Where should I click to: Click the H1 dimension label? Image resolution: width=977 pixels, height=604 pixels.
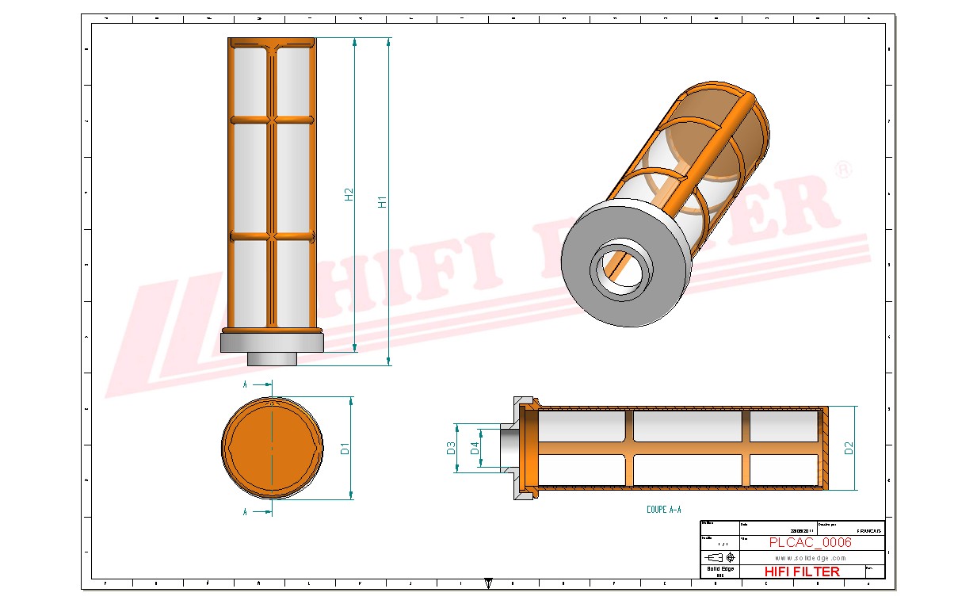coord(383,201)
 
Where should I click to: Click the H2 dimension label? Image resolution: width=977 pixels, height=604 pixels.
coord(349,194)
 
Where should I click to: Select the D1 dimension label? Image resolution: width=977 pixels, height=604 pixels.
coord(345,449)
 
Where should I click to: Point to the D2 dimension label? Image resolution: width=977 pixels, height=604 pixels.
coord(849,448)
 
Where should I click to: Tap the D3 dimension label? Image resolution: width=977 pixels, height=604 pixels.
coord(451,448)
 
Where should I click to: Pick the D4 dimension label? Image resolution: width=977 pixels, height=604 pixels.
coord(475,448)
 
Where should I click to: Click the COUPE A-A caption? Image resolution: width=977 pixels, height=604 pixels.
coord(663,510)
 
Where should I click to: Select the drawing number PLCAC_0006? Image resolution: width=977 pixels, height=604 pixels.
coord(810,542)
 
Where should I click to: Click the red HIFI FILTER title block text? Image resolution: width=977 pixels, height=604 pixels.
coord(801,571)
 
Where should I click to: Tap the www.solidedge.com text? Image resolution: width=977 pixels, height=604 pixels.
coord(810,558)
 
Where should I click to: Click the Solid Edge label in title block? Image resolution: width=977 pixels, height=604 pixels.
coord(719,569)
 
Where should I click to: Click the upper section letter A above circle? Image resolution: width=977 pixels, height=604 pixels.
coord(246,384)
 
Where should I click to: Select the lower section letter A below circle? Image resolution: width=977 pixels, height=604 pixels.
coord(246,512)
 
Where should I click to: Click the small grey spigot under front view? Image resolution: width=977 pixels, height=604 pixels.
coord(272,359)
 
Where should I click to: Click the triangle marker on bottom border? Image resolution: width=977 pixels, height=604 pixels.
coord(488,583)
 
